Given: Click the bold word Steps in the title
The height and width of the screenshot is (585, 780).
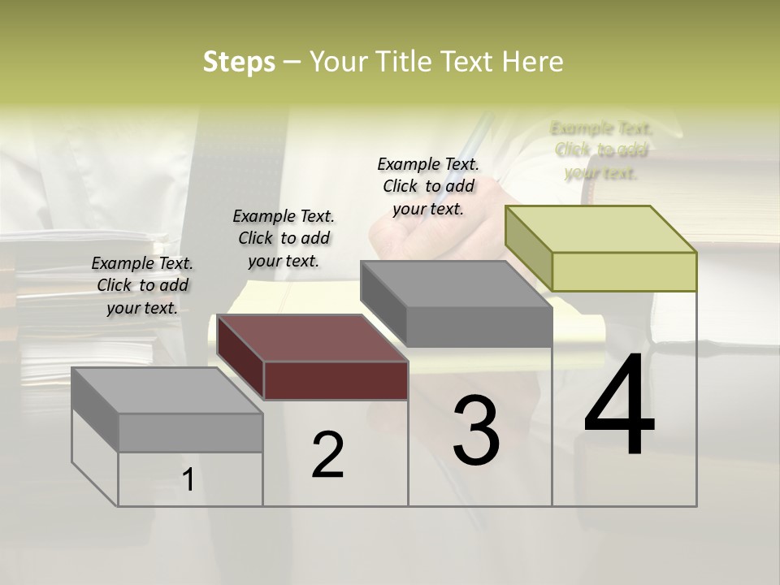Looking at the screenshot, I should [239, 62].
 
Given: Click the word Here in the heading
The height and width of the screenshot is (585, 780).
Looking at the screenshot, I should [531, 62].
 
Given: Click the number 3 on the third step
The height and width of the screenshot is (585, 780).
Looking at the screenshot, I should [476, 431].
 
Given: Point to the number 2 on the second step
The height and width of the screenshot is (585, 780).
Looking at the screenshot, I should [327, 455].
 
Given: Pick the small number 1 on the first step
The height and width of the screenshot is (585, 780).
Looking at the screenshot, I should [188, 479].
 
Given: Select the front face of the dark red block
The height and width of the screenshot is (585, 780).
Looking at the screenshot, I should [336, 380].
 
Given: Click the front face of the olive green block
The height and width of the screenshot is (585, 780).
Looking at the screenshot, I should [624, 271].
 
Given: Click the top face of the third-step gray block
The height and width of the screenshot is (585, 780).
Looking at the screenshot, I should [455, 284].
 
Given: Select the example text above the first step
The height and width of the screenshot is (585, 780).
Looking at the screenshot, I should [142, 285].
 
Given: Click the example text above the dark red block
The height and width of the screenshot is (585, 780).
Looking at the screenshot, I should [284, 238].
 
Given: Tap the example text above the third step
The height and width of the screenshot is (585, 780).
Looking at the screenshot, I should [428, 186].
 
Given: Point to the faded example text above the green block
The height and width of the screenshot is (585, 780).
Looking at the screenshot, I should [601, 150].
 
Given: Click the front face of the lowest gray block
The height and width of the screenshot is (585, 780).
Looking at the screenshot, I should [190, 432].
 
